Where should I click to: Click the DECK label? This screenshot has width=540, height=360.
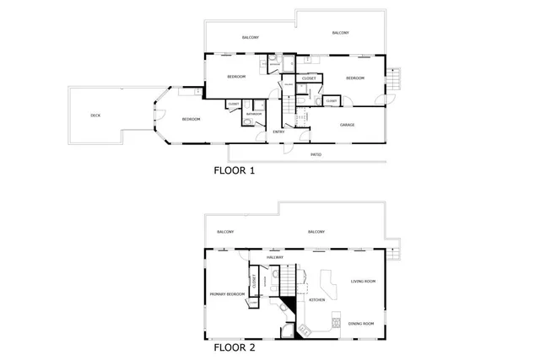[95, 116]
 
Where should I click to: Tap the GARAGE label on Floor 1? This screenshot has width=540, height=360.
[347, 125]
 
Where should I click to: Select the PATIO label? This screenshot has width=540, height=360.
[316, 155]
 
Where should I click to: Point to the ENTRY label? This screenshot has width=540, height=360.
[278, 132]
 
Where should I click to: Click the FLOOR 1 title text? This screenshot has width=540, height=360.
[235, 169]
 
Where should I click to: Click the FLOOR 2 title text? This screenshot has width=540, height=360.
[235, 347]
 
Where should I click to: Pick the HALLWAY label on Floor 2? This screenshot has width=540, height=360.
[275, 257]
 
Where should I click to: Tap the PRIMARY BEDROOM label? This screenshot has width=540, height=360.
[226, 294]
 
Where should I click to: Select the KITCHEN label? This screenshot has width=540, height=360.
[317, 300]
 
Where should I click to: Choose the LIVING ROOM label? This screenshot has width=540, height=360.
[364, 281]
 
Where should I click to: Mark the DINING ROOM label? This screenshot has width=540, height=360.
[361, 324]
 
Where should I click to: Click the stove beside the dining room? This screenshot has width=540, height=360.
[337, 323]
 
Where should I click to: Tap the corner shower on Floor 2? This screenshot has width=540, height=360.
[289, 330]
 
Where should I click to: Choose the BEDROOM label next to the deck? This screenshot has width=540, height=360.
[192, 120]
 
